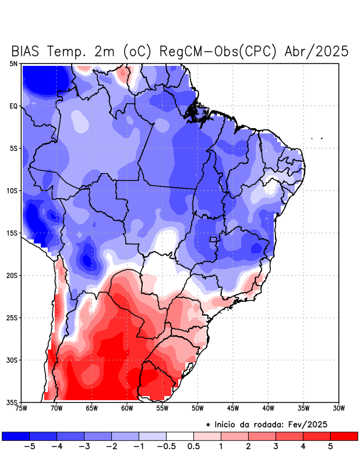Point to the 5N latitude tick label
13,63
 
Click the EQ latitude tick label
13,106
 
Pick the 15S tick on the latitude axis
12,233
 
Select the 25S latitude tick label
12,317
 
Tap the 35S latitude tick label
12,402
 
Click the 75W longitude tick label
21,408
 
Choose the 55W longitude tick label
163,408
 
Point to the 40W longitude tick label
269,408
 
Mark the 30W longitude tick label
339,408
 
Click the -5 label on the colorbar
29,447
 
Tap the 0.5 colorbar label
193,447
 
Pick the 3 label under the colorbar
276,447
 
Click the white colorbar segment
180,436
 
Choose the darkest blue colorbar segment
16,436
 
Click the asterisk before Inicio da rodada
208,426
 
